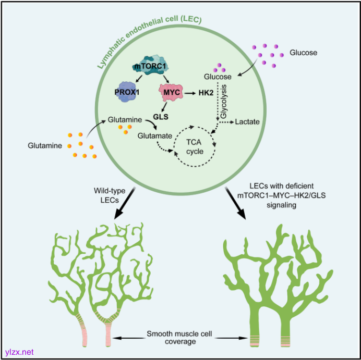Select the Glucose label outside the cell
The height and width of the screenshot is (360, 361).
coord(303,53)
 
